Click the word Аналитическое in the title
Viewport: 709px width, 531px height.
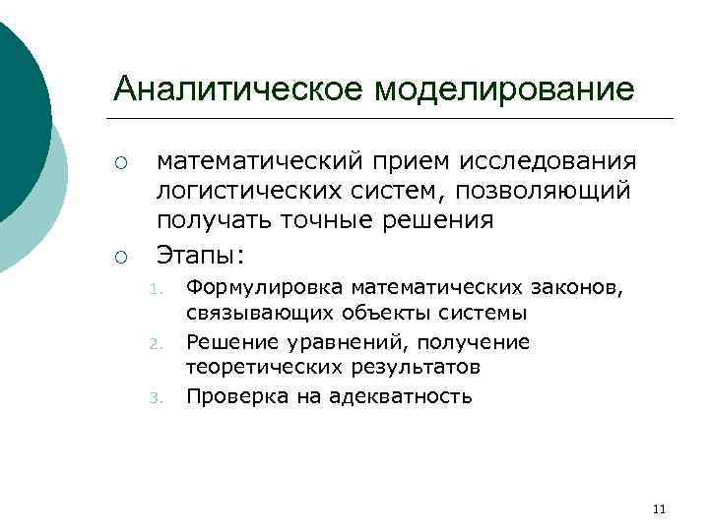pos(240,89)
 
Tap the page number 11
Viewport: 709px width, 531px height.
pos(659,508)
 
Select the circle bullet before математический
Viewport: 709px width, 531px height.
pos(120,162)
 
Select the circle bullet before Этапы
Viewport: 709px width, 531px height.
pos(120,258)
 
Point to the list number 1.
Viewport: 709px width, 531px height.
pos(155,289)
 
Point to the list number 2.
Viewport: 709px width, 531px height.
pos(155,344)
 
